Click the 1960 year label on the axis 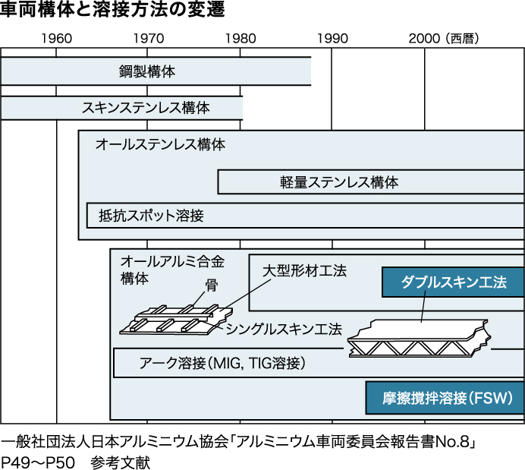pyautogui.click(x=57, y=39)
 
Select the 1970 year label pyautogui.click(x=148, y=39)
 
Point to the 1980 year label pyautogui.click(x=240, y=39)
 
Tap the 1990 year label pyautogui.click(x=332, y=39)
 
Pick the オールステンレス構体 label pyautogui.click(x=160, y=144)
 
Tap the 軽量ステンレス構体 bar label pyautogui.click(x=339, y=182)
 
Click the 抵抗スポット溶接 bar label pyautogui.click(x=151, y=216)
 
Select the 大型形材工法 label pyautogui.click(x=304, y=271)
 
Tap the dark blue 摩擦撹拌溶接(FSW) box pyautogui.click(x=445, y=397)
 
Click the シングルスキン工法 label pyautogui.click(x=284, y=328)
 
